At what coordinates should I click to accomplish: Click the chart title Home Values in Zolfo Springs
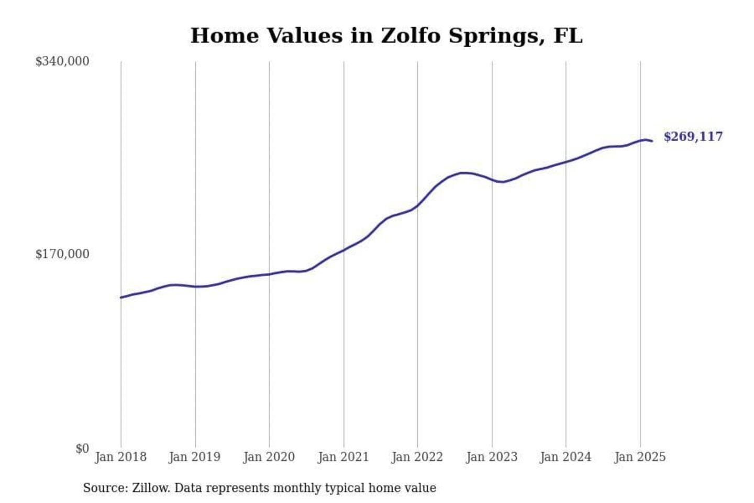coord(386,36)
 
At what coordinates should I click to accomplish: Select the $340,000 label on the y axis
coord(62,61)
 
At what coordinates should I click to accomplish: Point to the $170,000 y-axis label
coord(62,254)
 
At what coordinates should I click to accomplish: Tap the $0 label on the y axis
coord(82,449)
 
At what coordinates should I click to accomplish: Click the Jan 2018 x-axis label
coord(120,457)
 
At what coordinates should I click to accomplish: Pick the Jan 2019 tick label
coord(194,457)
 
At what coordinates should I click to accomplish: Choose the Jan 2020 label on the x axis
coord(269,457)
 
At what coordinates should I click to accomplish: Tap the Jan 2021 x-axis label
coord(343,457)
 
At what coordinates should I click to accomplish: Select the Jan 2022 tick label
coord(417,457)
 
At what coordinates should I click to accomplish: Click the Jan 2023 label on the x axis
coord(491,457)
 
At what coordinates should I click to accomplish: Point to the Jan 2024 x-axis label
coord(565,457)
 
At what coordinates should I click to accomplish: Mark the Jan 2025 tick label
coord(639,457)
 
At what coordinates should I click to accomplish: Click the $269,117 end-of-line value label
coord(693,137)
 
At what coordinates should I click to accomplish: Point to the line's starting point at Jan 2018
coord(121,297)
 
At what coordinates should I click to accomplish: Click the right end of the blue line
coord(652,141)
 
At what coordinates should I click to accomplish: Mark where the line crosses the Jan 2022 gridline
coord(418,205)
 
